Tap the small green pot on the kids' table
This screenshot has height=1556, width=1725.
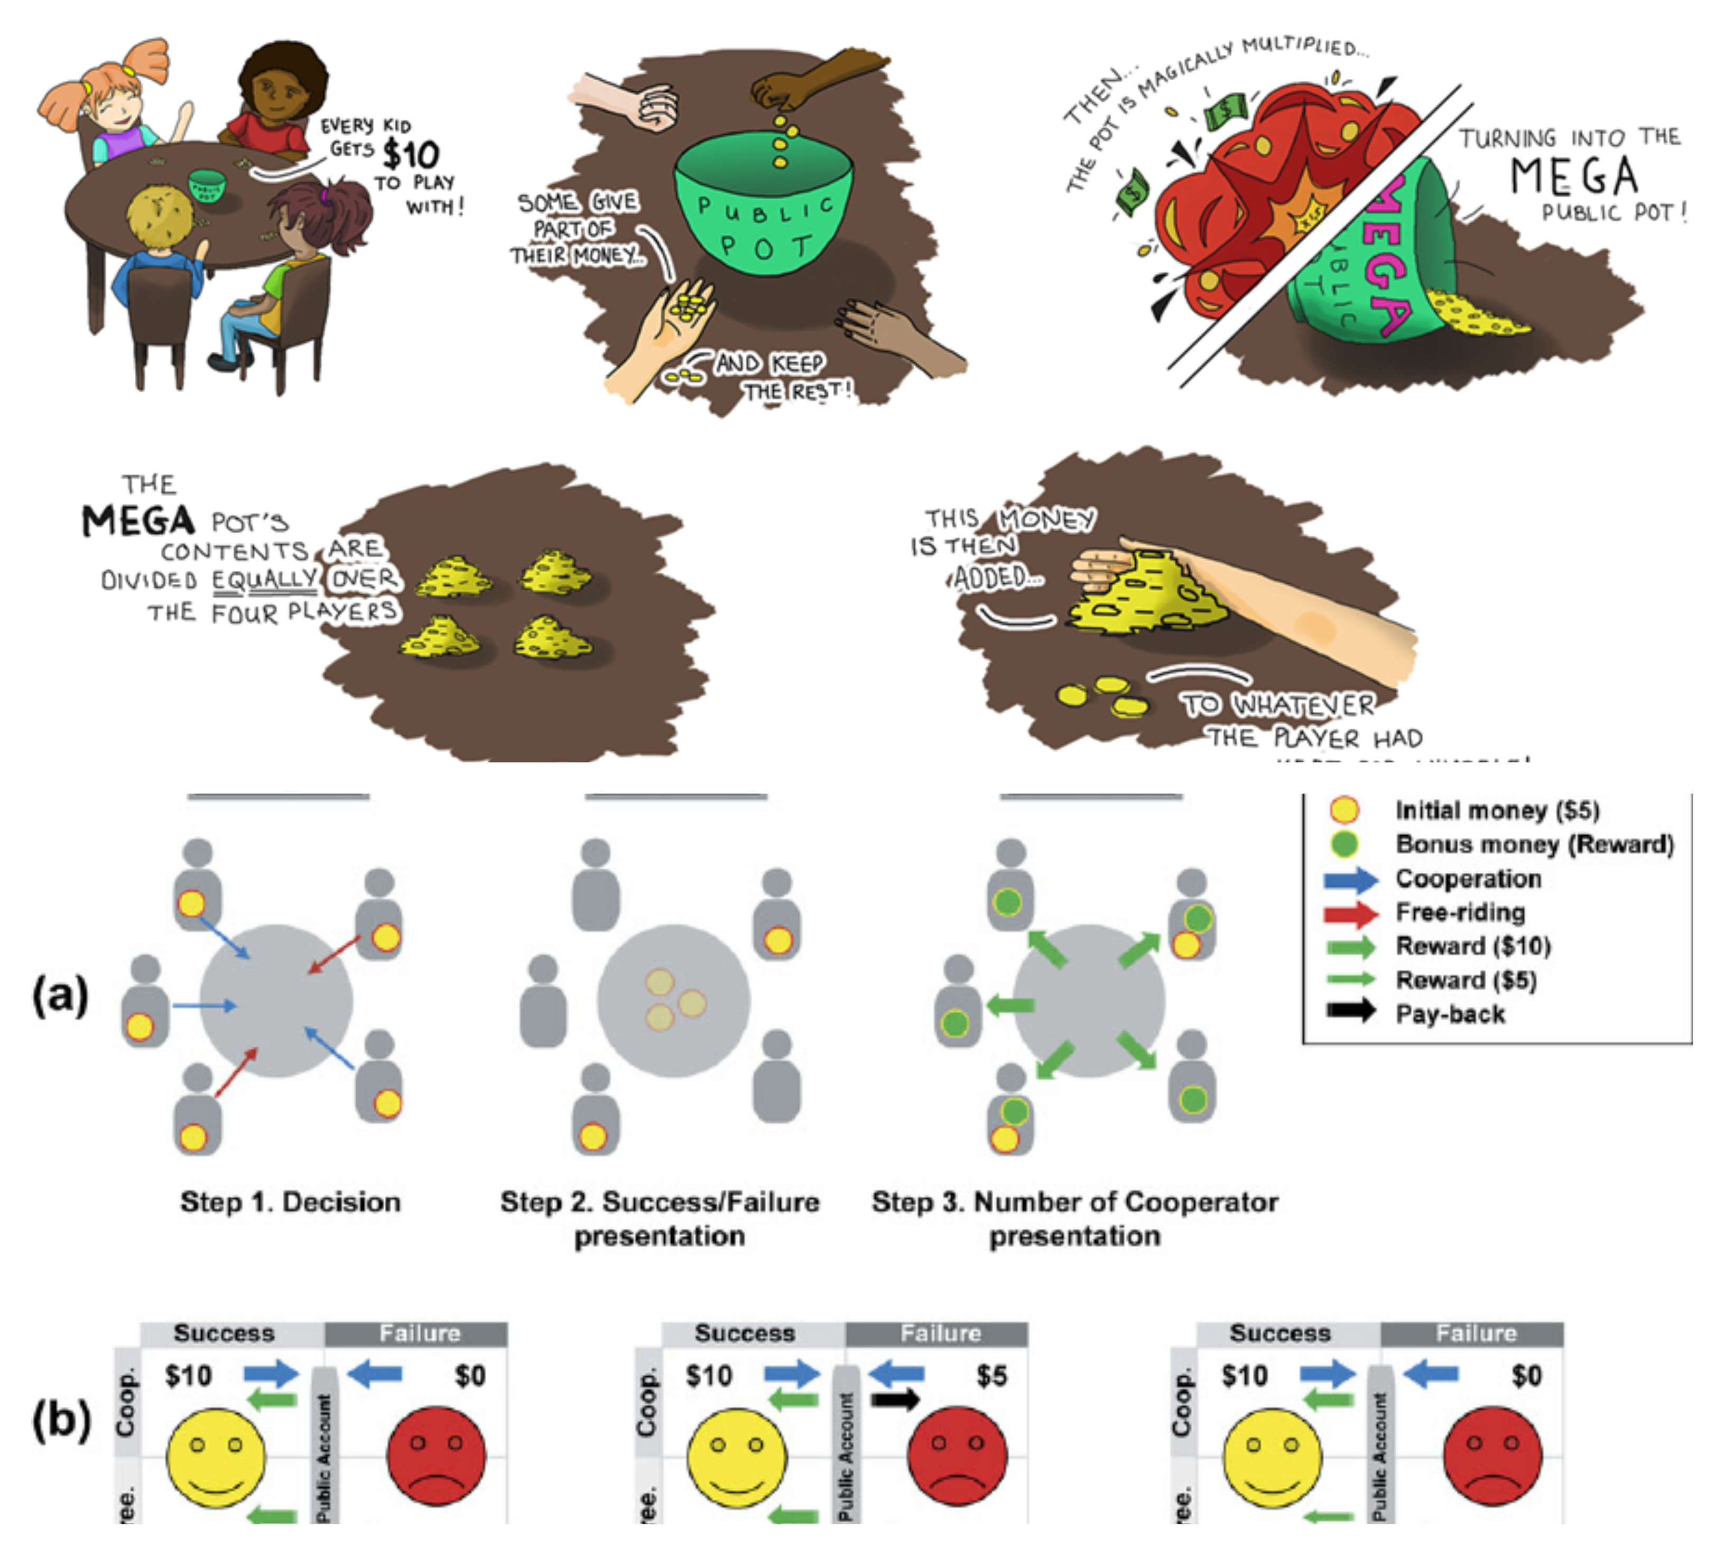point(206,185)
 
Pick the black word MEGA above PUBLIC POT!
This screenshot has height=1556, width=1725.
point(1574,175)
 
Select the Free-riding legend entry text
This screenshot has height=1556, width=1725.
point(1460,912)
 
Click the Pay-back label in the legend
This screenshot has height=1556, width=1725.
point(1450,1014)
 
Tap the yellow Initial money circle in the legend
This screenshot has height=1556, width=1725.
point(1344,809)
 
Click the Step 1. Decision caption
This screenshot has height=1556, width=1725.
point(290,1202)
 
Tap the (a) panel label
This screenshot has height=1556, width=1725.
point(60,995)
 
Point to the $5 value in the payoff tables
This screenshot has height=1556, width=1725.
point(991,1376)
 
